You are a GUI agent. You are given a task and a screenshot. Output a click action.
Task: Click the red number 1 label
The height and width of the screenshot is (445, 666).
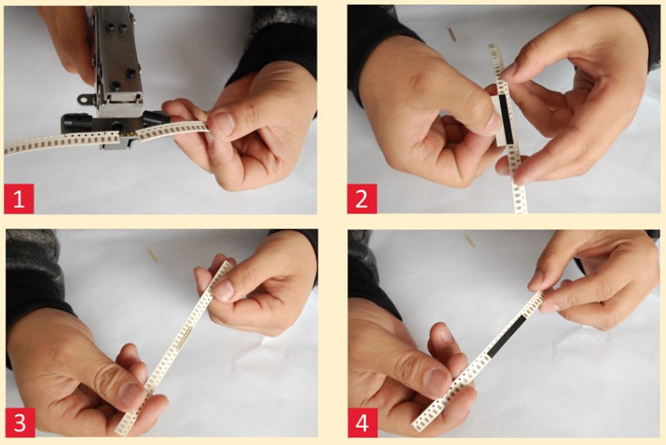(19, 199)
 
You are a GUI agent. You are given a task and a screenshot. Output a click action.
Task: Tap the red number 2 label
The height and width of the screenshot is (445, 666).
(362, 199)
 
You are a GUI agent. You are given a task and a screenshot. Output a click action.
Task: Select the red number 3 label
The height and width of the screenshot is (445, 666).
(20, 423)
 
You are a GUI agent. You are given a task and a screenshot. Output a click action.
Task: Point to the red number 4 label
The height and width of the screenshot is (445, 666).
(362, 423)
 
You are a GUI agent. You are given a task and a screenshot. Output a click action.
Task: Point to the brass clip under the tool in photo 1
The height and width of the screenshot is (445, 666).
(129, 134)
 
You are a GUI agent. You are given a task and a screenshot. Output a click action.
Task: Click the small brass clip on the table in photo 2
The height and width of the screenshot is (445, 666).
(452, 34)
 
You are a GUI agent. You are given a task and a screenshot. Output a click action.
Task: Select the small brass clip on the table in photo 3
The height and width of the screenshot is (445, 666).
(153, 256)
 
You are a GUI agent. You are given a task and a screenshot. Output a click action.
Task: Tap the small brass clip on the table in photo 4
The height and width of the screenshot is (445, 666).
(470, 241)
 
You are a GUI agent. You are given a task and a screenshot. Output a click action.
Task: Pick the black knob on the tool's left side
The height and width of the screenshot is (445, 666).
(76, 122)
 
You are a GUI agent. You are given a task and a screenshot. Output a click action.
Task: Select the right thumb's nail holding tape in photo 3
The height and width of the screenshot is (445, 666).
(224, 291)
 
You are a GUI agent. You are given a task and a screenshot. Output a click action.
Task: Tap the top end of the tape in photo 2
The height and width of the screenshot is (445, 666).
(494, 45)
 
